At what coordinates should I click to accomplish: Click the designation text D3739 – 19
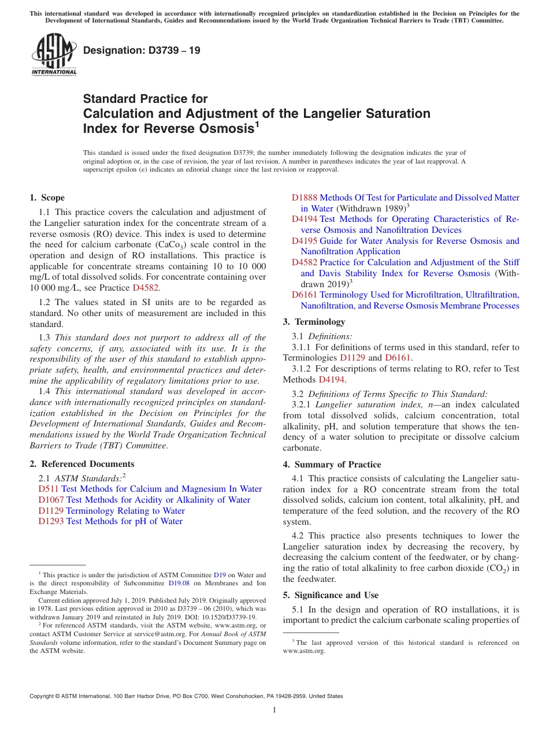142,50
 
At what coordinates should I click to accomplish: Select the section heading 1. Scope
47,198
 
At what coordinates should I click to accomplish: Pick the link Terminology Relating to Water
125,511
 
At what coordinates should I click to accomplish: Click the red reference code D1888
305,198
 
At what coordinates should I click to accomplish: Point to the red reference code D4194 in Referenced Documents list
305,220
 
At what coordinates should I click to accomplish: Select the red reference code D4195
305,241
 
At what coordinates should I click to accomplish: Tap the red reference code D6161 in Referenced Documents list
305,295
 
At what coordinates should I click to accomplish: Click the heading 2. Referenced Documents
82,464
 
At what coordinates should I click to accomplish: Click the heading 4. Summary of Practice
332,465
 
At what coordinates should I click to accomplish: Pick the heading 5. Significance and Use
331,595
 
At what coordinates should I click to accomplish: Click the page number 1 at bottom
274,710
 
